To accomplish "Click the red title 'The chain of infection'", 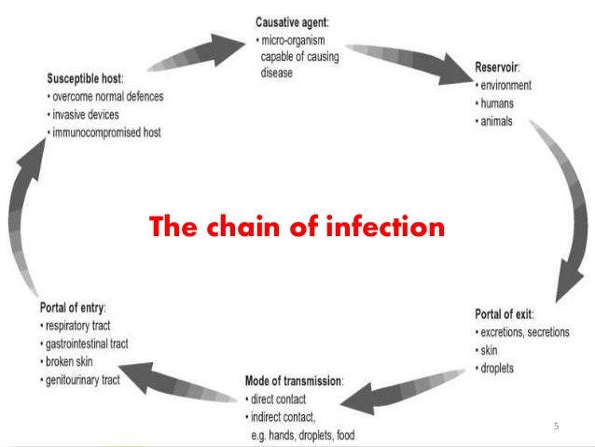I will [x=297, y=227].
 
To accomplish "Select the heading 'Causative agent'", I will [x=296, y=21].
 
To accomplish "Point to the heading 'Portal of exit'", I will [x=506, y=314].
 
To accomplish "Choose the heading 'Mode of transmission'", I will [x=294, y=381].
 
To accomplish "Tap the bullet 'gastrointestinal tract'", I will [x=87, y=343].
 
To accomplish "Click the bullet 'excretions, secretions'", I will [x=525, y=332].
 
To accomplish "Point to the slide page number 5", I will [x=557, y=426].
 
